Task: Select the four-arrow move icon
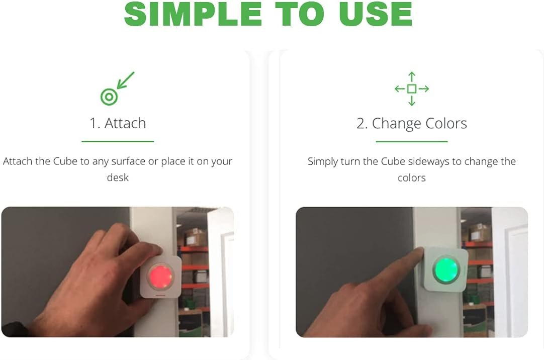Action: [x=412, y=89]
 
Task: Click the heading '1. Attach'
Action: [x=118, y=123]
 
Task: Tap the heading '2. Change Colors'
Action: [x=412, y=124]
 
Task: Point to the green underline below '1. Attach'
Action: [x=118, y=141]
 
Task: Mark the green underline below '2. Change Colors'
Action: [x=412, y=141]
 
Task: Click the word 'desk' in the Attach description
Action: [x=118, y=177]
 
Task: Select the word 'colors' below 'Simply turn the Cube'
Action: [x=412, y=178]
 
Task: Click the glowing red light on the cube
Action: [x=160, y=276]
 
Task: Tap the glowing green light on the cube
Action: [x=446, y=269]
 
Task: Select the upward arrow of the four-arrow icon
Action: [x=412, y=77]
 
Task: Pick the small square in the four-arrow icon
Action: [x=412, y=89]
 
